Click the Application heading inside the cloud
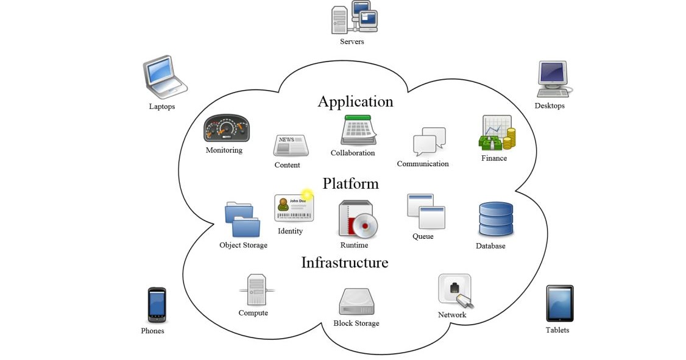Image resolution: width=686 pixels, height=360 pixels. pos(355,102)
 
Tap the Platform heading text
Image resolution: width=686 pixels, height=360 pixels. pos(350,183)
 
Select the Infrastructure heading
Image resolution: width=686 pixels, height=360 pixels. pos(344,263)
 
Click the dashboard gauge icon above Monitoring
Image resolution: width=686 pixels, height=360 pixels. pos(226,129)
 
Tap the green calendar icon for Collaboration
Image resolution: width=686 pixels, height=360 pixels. pos(358,130)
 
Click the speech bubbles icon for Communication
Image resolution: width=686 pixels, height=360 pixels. pos(429,142)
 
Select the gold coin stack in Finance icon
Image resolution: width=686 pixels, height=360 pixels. pos(507,138)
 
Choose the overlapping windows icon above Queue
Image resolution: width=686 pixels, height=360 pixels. pos(425,211)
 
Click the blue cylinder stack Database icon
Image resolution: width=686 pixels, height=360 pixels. pos(495,219)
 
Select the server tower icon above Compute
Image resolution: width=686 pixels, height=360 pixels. pos(256,290)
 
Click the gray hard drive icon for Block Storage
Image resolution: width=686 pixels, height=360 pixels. pos(356,302)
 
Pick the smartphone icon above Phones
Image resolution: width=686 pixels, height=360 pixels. pos(157,305)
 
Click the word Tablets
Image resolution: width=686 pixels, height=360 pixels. pos(557,330)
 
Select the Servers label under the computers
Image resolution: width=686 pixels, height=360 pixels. pos(352,41)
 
